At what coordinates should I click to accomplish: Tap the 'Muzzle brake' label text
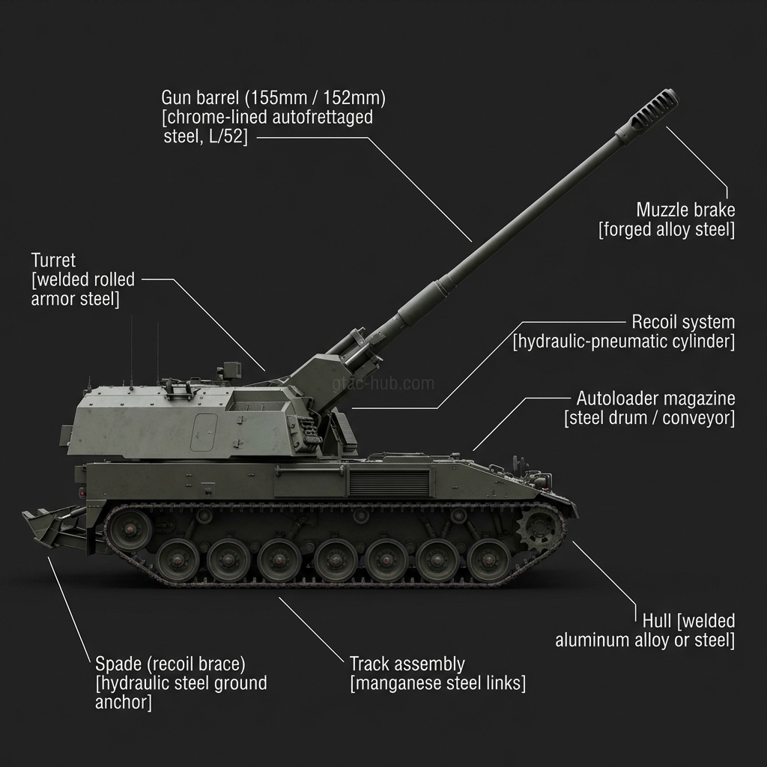685,209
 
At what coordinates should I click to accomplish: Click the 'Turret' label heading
53,261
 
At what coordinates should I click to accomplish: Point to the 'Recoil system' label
683,322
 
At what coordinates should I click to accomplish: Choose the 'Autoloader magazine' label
655,398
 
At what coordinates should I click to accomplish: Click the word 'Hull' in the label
657,621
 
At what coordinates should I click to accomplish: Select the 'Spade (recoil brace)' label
170,664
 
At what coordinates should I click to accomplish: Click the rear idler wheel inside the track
129,530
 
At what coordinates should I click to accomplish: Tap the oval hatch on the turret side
203,432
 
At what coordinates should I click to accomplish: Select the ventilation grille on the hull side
389,483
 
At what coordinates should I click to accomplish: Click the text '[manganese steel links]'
437,683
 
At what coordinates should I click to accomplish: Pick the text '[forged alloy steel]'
666,229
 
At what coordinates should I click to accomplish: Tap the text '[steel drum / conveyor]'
649,417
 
